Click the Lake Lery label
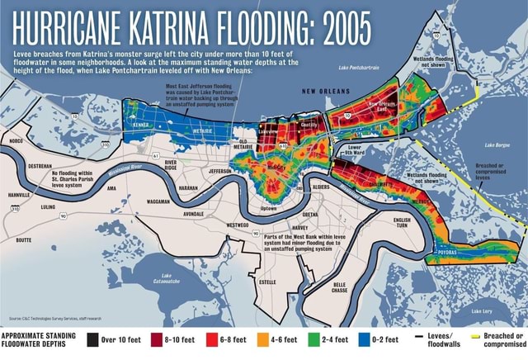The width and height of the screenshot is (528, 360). point(483,311)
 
